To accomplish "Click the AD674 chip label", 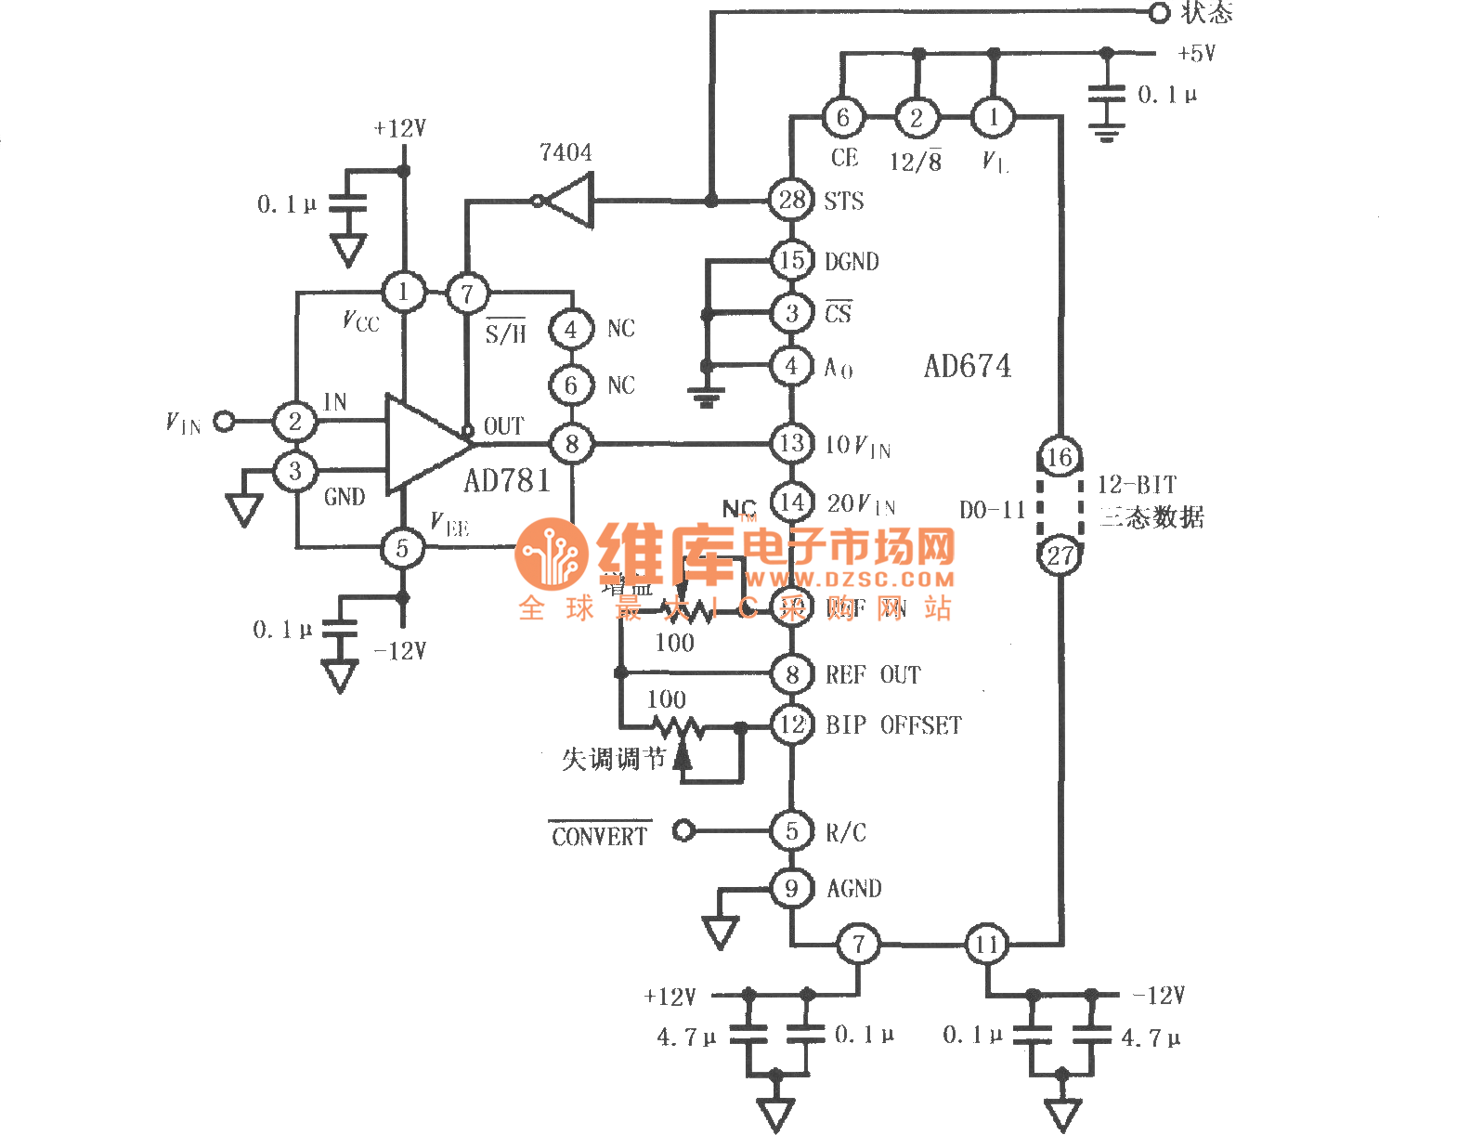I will pos(967,366).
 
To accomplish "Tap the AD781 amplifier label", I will pos(507,480).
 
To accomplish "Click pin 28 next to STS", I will pos(791,200).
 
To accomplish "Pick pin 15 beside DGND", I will pos(791,260).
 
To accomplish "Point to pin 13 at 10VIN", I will pos(791,443).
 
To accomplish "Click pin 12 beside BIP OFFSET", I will pos(791,724).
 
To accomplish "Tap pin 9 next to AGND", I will pos(791,889).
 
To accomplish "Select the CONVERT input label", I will pos(599,836).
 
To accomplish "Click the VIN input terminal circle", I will pos(224,422).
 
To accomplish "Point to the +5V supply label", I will pos(1196,54).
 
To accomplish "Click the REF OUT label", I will pos(873,675).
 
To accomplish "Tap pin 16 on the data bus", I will pos(1060,457).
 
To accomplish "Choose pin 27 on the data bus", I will pos(1060,555).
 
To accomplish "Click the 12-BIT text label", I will pos(1137,485).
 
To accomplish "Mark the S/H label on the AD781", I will pos(505,333).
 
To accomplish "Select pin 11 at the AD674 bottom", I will pos(986,945).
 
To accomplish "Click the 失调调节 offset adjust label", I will pos(614,759).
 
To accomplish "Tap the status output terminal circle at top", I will pos(1159,13).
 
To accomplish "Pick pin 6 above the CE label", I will pos(842,118).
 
